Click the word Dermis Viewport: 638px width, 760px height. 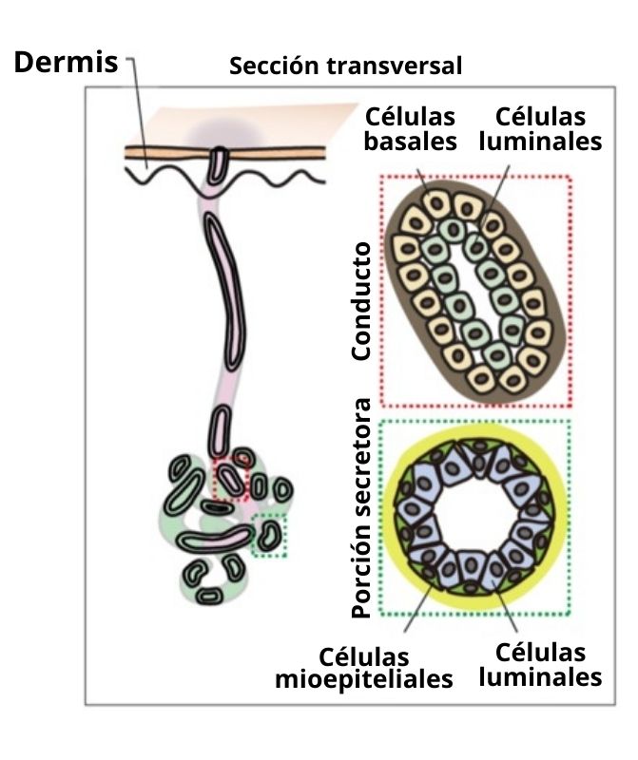coord(65,63)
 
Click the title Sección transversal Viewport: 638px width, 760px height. coord(345,66)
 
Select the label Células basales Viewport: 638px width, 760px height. coord(411,129)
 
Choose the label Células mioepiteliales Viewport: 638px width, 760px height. coord(364,669)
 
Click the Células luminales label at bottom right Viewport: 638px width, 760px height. coord(541,664)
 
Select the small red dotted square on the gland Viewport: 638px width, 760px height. coord(229,478)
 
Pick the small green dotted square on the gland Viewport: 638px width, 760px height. coord(269,536)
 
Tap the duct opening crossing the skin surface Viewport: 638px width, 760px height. coord(221,161)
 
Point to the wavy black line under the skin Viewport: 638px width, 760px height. coord(276,176)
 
